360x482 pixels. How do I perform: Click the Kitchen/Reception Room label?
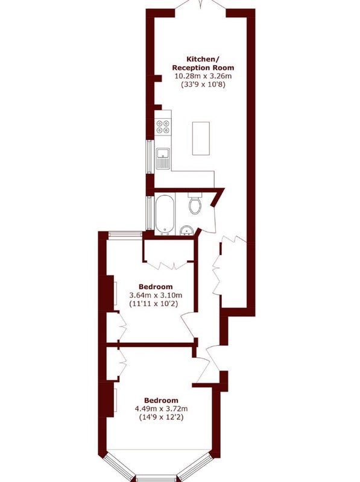203,63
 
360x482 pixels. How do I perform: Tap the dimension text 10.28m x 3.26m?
203,76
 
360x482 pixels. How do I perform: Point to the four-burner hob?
163,127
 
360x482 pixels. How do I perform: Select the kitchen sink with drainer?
163,158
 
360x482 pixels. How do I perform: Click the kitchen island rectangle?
201,139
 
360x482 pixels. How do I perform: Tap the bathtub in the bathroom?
165,214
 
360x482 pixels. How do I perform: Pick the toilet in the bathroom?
194,203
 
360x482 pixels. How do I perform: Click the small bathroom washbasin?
186,230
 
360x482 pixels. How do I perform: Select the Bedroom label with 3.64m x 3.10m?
156,287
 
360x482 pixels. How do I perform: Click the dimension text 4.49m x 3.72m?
161,409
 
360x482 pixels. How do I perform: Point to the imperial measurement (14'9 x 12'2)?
161,417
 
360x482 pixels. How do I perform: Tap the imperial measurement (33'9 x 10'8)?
203,84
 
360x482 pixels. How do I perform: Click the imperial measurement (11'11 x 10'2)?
154,304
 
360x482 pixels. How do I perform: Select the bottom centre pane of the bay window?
156,478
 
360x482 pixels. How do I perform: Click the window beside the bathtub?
149,213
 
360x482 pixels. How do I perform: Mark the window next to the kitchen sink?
149,157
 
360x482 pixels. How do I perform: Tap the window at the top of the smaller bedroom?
125,234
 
